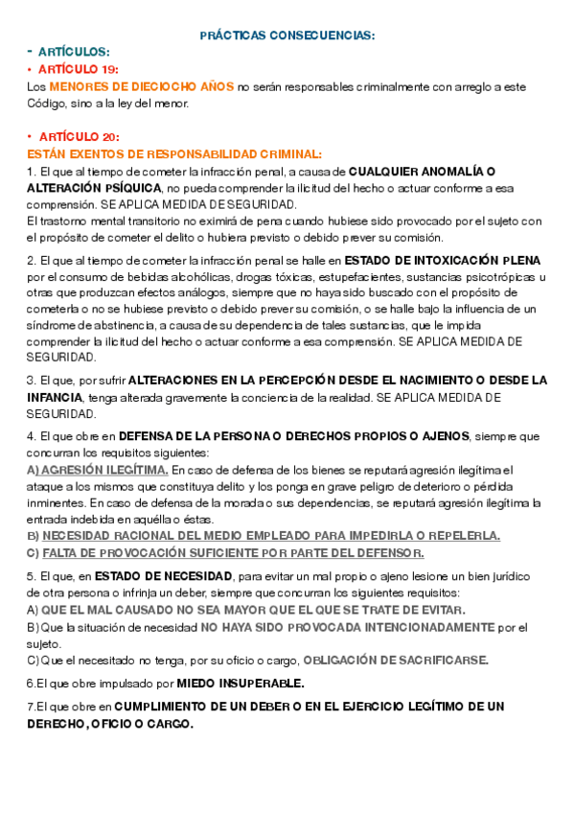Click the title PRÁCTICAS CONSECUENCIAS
tap(287, 35)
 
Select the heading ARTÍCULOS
tap(75, 52)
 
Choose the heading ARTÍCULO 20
tap(79, 137)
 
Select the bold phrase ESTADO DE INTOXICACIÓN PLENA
tap(442, 260)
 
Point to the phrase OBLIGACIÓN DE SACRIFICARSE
tap(396, 660)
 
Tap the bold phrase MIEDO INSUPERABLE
tap(241, 684)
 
